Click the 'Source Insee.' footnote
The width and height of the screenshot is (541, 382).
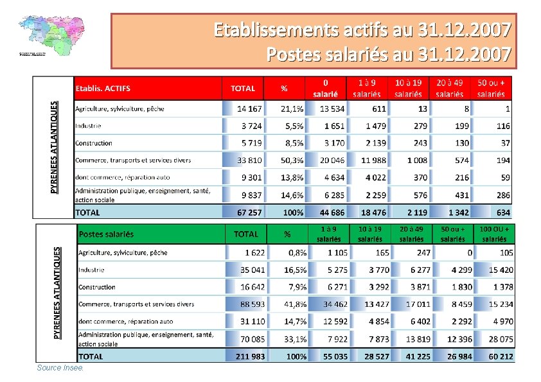pos(60,368)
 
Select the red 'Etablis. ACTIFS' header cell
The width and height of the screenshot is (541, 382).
pos(103,88)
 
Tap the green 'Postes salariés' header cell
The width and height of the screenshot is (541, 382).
pos(106,234)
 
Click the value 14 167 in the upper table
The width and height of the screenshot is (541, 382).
pos(249,109)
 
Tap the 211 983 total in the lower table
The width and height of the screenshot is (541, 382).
pos(251,356)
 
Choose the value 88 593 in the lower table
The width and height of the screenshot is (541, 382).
pos(253,304)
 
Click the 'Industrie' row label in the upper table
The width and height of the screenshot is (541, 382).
pos(88,126)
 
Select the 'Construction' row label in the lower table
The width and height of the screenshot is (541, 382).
pos(97,287)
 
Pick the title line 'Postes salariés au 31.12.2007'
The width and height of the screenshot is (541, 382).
pos(389,53)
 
